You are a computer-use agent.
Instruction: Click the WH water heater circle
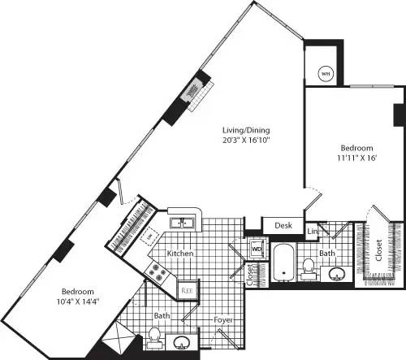326,72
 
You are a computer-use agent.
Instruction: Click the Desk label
283,225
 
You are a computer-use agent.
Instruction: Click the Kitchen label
180,254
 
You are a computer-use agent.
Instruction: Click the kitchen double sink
180,222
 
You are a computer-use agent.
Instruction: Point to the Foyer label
224,320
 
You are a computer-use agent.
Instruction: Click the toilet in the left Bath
154,336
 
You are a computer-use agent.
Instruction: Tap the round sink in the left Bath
183,341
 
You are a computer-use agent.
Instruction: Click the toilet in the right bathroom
308,265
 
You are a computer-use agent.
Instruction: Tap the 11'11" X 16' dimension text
356,158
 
